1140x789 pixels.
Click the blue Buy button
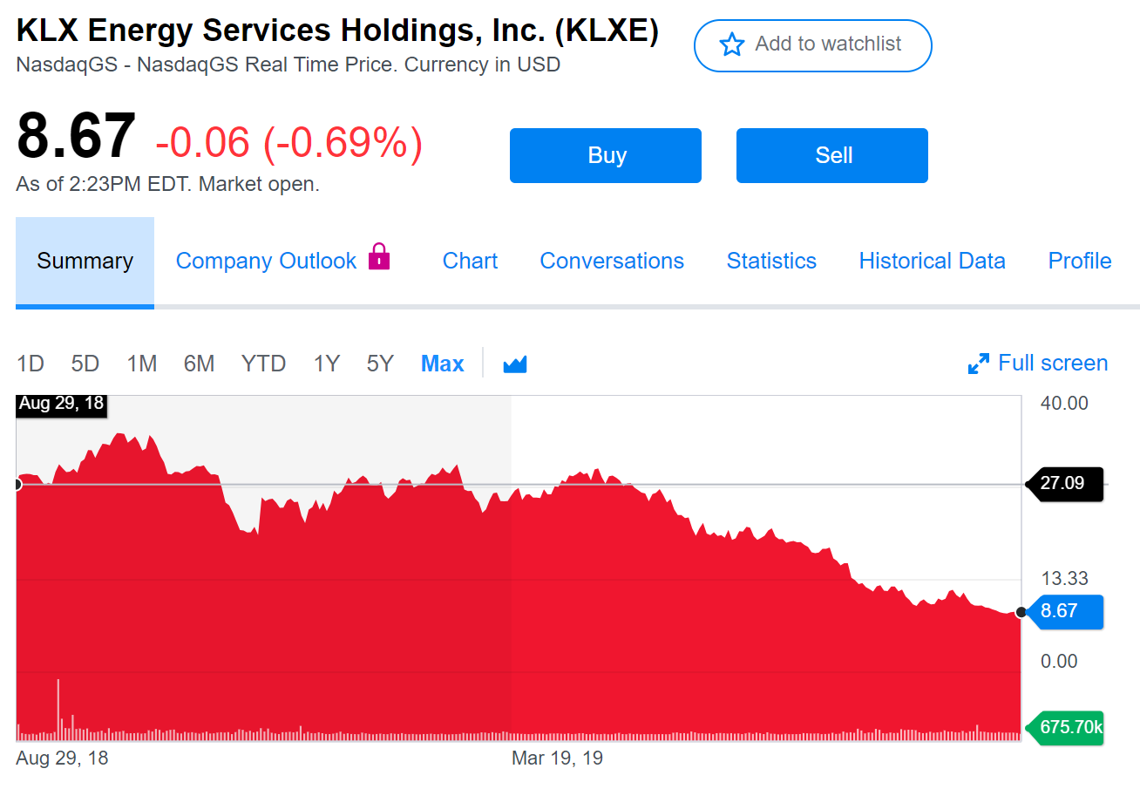pos(605,155)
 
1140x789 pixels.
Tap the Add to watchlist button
pos(812,44)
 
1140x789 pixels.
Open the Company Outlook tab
pos(266,261)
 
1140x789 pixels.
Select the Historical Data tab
pos(932,261)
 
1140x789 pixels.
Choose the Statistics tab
pos(771,261)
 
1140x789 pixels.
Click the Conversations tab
pos(612,261)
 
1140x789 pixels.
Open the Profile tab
pos(1079,261)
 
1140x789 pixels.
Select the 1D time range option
pos(31,364)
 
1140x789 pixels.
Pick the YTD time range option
pos(263,364)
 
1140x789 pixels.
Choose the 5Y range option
pos(380,364)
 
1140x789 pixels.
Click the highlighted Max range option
pos(442,364)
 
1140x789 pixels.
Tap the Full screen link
pos(1038,364)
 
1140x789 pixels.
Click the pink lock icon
pos(379,256)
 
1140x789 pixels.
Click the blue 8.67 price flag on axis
pos(1062,611)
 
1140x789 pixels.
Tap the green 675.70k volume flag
pos(1068,727)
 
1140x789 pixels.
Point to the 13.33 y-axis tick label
pos(1063,578)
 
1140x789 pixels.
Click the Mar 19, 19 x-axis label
pos(557,758)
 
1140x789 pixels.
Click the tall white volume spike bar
pos(58,706)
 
